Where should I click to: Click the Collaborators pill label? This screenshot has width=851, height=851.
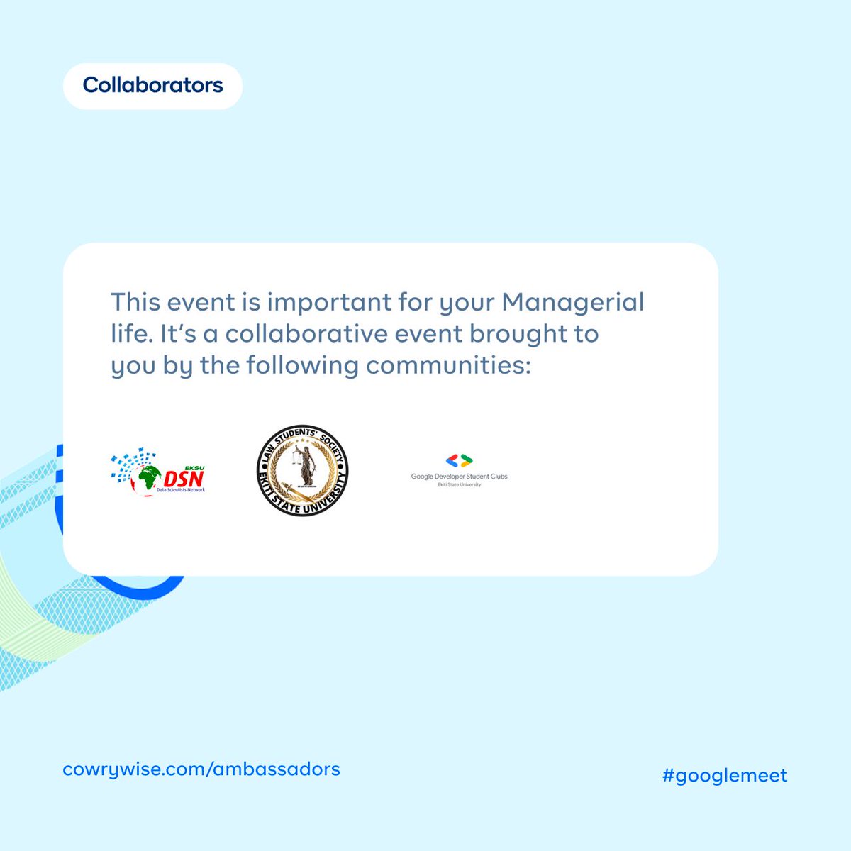[152, 86]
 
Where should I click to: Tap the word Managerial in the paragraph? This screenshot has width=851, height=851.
[573, 302]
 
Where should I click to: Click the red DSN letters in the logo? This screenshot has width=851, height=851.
[184, 477]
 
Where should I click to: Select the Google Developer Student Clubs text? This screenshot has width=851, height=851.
[459, 477]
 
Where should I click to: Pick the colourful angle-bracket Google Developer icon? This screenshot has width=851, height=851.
[459, 461]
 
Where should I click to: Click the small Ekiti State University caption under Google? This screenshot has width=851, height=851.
[459, 485]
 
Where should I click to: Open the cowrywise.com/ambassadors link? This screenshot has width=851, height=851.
[201, 769]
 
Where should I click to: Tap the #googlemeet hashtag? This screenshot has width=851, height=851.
[725, 775]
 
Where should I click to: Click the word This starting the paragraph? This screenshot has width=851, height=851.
[135, 302]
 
